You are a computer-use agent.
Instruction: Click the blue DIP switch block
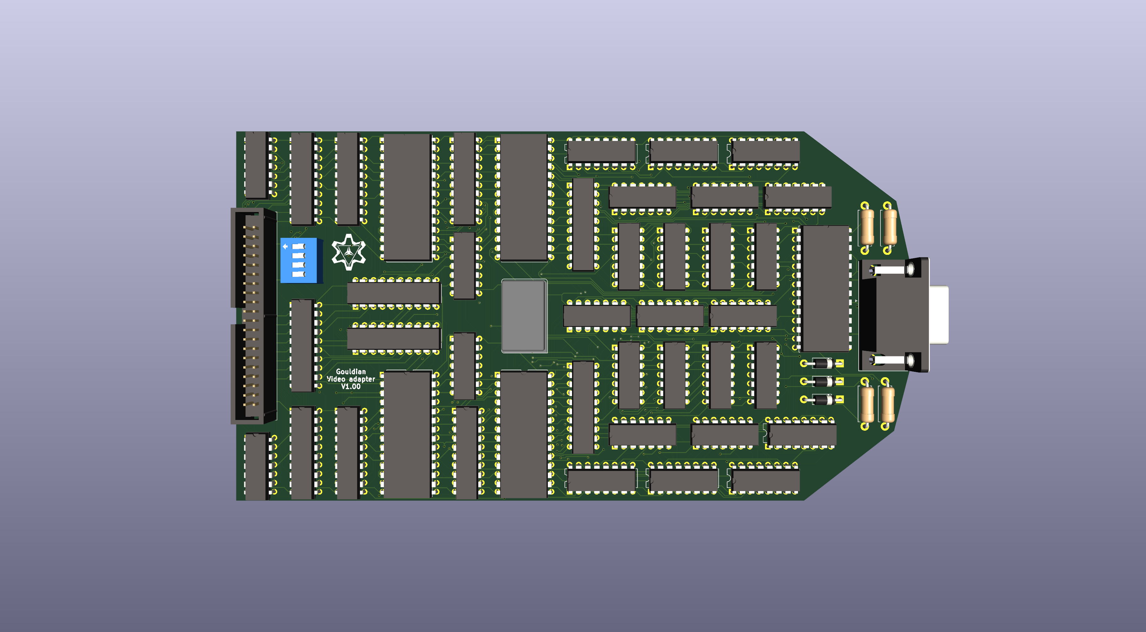pyautogui.click(x=301, y=260)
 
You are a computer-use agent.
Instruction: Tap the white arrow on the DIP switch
pyautogui.click(x=285, y=246)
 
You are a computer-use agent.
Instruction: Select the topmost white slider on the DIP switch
pyautogui.click(x=299, y=246)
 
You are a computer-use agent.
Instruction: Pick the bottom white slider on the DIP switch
pyautogui.click(x=299, y=274)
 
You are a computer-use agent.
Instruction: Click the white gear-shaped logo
pyautogui.click(x=349, y=252)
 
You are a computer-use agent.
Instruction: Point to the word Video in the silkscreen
pyautogui.click(x=336, y=379)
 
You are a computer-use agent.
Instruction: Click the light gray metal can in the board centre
pyautogui.click(x=524, y=316)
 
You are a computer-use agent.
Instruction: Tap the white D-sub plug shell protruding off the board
pyautogui.click(x=939, y=315)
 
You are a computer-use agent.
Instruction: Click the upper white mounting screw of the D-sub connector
pyautogui.click(x=890, y=270)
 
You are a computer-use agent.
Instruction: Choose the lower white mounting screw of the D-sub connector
pyautogui.click(x=890, y=359)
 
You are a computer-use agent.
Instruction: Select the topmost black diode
pyautogui.click(x=823, y=363)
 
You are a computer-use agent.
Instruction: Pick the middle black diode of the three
pyautogui.click(x=823, y=382)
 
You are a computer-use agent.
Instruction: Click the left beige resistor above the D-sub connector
pyautogui.click(x=868, y=227)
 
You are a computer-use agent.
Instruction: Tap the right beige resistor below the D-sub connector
pyautogui.click(x=888, y=404)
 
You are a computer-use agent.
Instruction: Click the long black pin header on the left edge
pyautogui.click(x=254, y=316)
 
